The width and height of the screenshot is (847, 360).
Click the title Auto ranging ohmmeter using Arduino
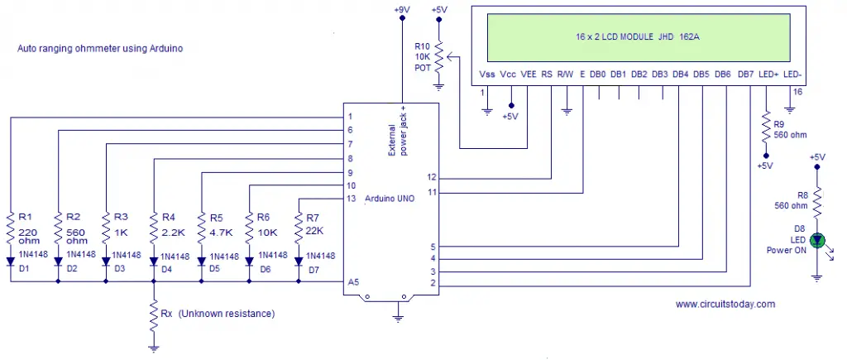click(100, 49)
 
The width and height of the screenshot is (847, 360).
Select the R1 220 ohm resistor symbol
click(10, 228)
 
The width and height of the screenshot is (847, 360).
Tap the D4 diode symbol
click(154, 262)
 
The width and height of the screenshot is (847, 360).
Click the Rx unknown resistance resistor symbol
click(154, 314)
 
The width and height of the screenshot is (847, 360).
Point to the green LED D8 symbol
click(817, 240)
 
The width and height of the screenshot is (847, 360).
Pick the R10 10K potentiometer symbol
click(440, 56)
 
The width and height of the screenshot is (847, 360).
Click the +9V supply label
click(402, 9)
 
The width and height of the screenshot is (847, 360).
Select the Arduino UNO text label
click(390, 199)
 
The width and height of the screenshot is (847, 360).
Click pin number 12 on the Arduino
click(430, 178)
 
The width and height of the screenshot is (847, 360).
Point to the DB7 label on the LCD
click(746, 74)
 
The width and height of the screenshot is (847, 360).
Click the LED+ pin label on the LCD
click(768, 74)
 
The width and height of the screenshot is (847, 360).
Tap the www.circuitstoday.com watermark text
click(725, 305)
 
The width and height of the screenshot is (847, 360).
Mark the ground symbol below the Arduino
click(399, 319)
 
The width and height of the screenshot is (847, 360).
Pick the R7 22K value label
click(314, 230)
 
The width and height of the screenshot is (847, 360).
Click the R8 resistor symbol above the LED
click(817, 201)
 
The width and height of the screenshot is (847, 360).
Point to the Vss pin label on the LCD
click(486, 74)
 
